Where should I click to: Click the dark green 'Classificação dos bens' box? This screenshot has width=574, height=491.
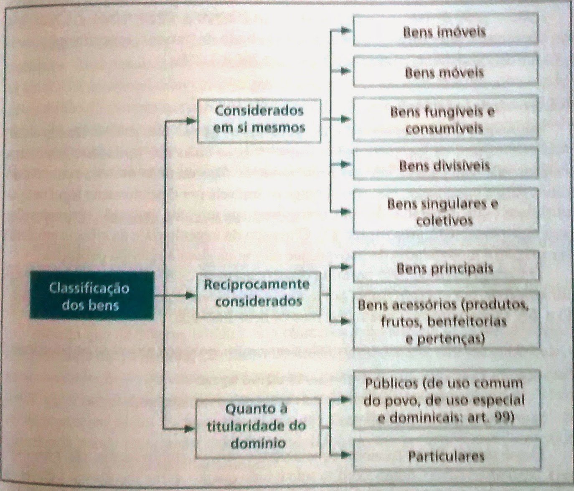point(91,296)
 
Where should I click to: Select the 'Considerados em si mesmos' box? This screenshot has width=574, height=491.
point(259,120)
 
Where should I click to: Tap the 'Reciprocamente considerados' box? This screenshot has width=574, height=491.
point(258,294)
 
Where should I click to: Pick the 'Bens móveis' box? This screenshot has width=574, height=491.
point(445,72)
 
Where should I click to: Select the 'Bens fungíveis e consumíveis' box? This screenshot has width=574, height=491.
point(445,120)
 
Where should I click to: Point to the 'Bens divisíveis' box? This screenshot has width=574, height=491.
point(445,166)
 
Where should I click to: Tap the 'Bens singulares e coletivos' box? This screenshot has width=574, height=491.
point(445,212)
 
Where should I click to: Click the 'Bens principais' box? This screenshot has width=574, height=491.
point(445,268)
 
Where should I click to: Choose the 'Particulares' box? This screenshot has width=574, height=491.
point(446,455)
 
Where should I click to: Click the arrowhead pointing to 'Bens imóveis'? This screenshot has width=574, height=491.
point(345,31)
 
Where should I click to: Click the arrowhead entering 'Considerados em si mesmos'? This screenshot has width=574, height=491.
point(190,121)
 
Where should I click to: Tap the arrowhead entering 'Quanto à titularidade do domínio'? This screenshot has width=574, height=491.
point(190,429)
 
